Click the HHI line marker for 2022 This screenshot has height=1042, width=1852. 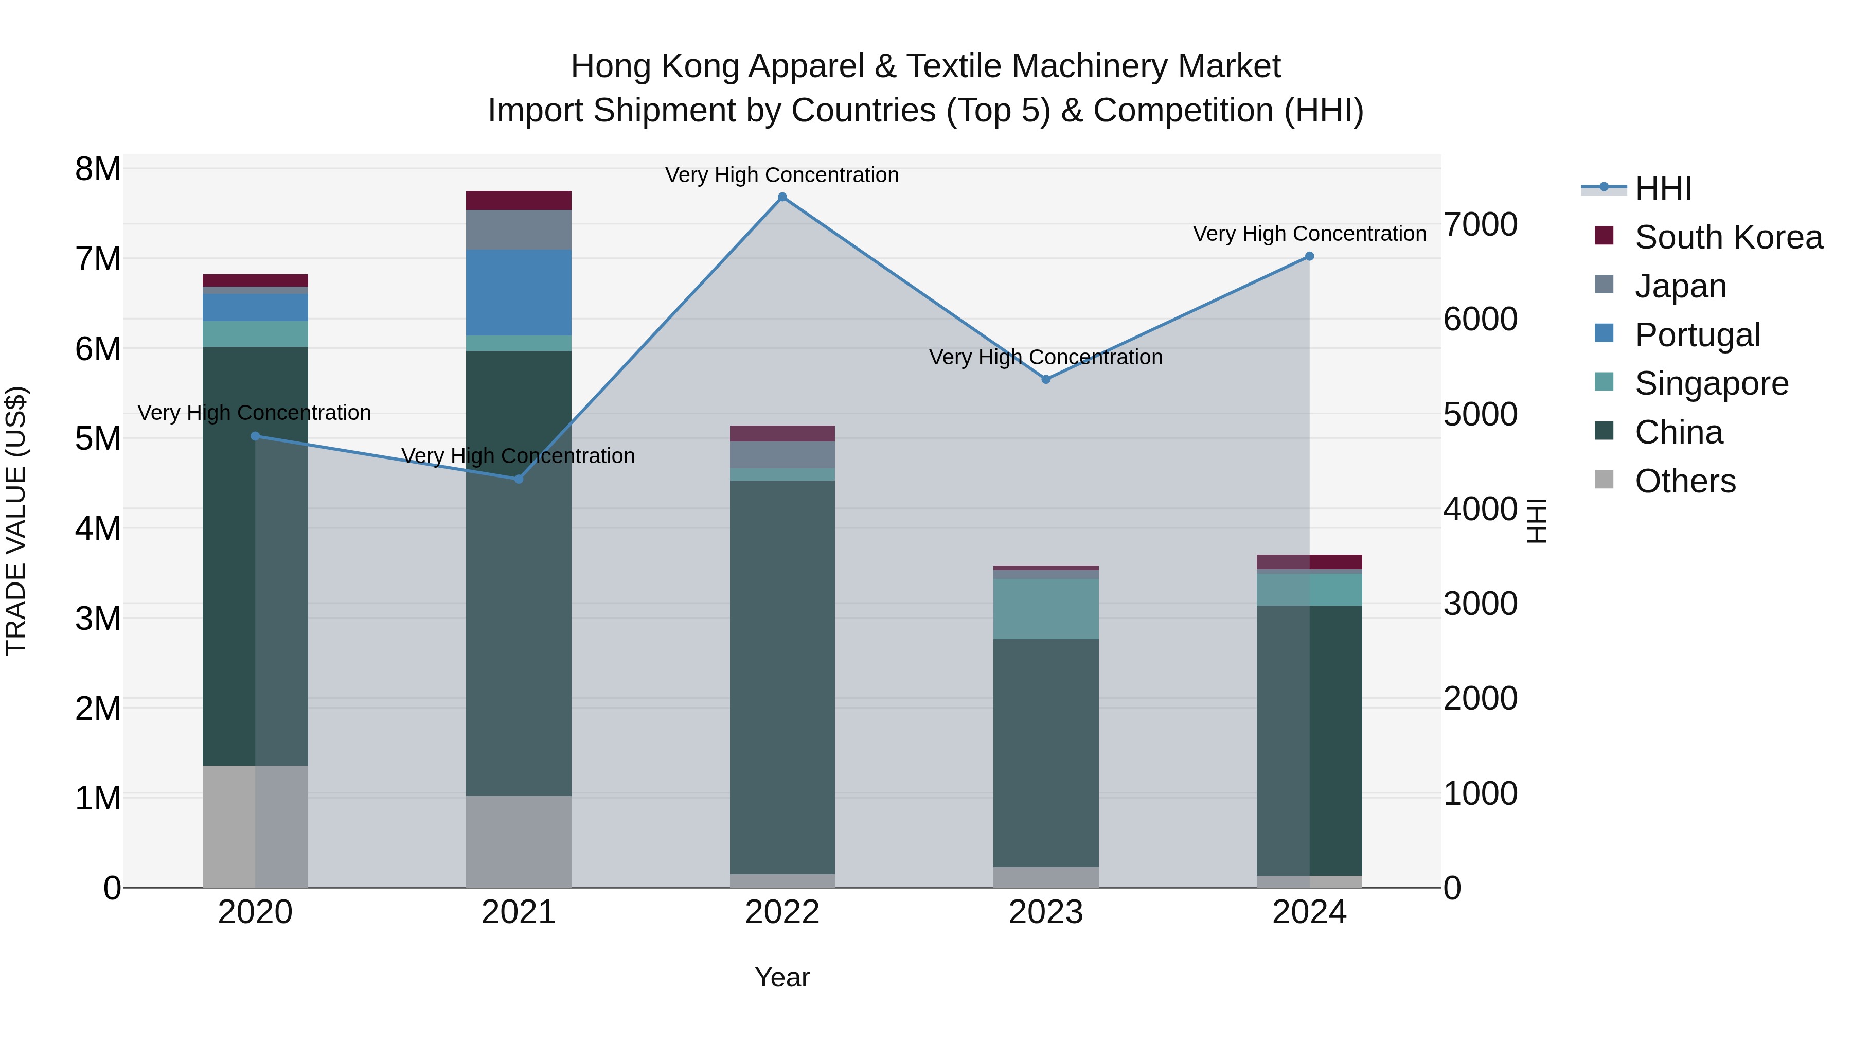pyautogui.click(x=782, y=197)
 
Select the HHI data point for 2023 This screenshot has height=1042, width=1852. pyautogui.click(x=1046, y=379)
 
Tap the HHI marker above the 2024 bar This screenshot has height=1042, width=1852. pyautogui.click(x=1309, y=256)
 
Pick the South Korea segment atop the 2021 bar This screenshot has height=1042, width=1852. pyautogui.click(x=519, y=200)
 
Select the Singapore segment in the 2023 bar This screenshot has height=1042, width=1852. pyautogui.click(x=1046, y=608)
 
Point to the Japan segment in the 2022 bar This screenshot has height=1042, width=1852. pyautogui.click(x=782, y=454)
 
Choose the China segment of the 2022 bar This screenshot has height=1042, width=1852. pyautogui.click(x=782, y=676)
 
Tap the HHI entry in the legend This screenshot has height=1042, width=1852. pyautogui.click(x=1662, y=188)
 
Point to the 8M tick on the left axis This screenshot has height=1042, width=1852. pyautogui.click(x=98, y=170)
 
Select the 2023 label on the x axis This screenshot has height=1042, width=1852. pyautogui.click(x=1046, y=912)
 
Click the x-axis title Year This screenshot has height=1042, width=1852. pyautogui.click(x=782, y=977)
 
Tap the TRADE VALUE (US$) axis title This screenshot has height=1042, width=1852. pyautogui.click(x=16, y=521)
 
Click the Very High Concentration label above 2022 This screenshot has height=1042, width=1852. pyautogui.click(x=782, y=175)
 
